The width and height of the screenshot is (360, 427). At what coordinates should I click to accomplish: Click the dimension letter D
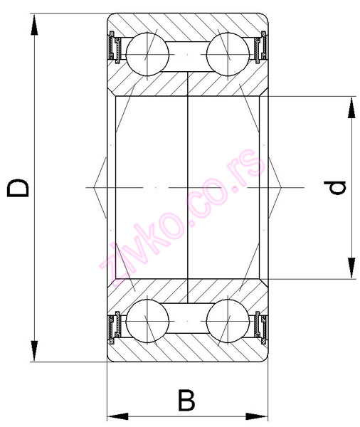(17, 188)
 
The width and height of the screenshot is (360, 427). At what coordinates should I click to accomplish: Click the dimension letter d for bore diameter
(334, 188)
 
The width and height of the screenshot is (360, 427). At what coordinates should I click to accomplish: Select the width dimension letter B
(186, 400)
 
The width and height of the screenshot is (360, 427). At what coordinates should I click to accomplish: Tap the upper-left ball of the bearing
(147, 54)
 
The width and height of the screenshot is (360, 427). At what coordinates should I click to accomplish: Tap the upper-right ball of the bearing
(228, 54)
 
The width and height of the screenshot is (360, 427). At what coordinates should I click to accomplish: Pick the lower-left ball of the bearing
(147, 321)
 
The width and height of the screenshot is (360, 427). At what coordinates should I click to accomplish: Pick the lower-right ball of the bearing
(228, 321)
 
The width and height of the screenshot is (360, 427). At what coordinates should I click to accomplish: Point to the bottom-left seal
(115, 328)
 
